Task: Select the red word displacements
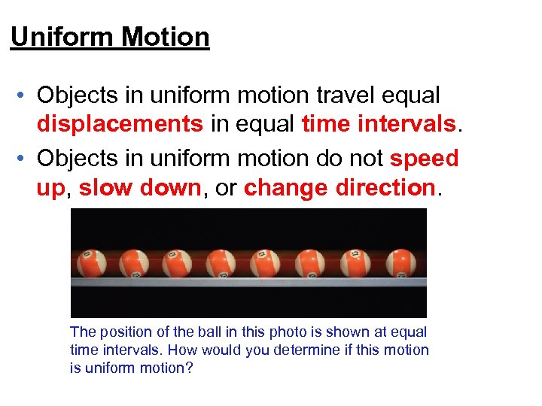tap(120, 123)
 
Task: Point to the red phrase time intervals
tap(379, 123)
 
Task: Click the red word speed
tap(424, 159)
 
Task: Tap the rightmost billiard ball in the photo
tap(400, 262)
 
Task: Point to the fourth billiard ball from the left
tap(221, 262)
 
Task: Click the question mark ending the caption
tap(189, 368)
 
